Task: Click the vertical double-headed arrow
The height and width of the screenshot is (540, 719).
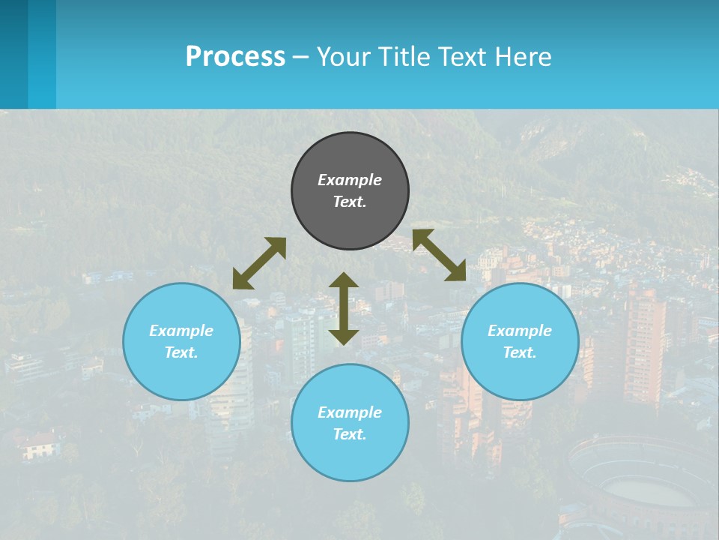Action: pos(344,308)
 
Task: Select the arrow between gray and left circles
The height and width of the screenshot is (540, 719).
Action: pos(259,263)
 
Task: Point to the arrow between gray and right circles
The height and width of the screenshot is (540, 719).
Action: pos(440,255)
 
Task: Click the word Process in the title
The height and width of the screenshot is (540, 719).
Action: pos(235,57)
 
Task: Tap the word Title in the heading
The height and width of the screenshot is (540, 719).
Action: pos(407,57)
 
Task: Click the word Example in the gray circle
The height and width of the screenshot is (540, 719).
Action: pos(350,180)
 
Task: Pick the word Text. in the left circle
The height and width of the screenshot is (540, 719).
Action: pos(181,352)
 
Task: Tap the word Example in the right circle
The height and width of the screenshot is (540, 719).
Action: pos(520,331)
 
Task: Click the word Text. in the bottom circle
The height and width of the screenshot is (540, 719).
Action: pos(350,434)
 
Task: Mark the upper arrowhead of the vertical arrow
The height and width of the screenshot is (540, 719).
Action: pos(344,280)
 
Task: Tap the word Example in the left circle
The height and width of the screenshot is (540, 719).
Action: pos(181,331)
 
